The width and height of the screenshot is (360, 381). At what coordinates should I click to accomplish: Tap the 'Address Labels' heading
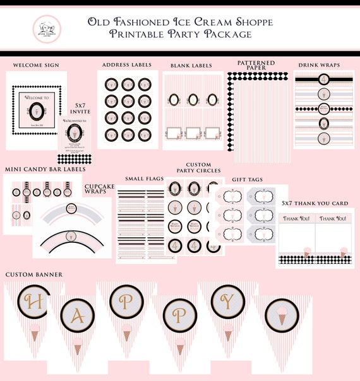126,64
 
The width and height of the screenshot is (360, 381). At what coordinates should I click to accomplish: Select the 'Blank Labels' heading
191,65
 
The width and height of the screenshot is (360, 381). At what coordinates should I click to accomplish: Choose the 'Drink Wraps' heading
318,64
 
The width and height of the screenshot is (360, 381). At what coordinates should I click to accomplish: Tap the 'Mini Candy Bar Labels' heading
45,168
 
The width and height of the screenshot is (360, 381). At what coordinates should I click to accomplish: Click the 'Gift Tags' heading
248,180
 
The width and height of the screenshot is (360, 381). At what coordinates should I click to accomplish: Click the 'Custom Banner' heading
35,274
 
